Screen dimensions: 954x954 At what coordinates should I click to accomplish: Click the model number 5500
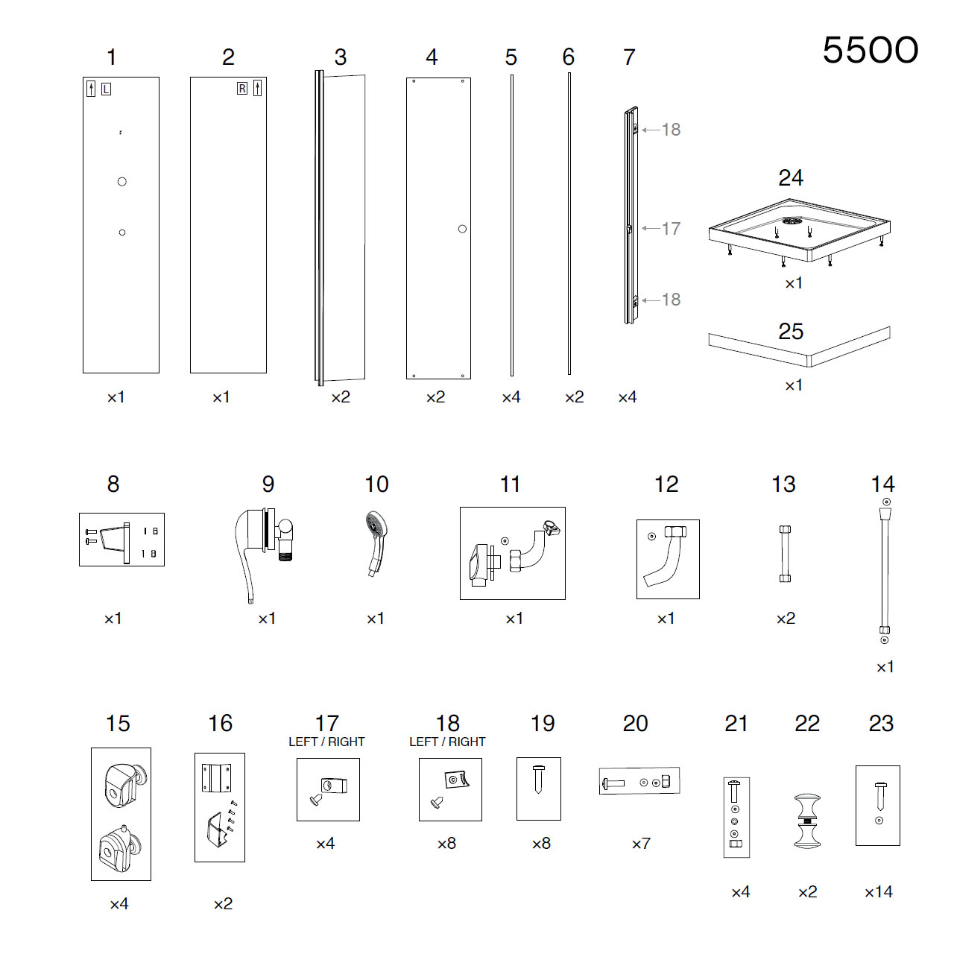870,51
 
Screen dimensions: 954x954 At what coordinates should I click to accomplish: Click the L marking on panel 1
106,89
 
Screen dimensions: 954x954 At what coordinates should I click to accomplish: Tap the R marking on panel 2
242,89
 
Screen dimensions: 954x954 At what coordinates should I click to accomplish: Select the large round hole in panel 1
121,182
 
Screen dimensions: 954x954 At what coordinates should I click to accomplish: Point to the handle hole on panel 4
462,229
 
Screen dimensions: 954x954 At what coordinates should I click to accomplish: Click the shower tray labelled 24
799,230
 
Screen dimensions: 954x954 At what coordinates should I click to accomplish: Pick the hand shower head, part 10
376,543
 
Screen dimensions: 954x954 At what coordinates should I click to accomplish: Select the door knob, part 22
807,821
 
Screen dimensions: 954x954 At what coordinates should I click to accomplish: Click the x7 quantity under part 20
641,844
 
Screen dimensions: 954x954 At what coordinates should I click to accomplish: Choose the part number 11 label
510,484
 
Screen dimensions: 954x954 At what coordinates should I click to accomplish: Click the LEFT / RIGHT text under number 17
326,742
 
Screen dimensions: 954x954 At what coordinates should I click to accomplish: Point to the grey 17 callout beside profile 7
672,228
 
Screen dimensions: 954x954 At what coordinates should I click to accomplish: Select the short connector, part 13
785,554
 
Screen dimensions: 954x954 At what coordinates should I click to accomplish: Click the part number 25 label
791,332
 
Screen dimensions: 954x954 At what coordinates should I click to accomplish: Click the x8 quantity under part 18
446,844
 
